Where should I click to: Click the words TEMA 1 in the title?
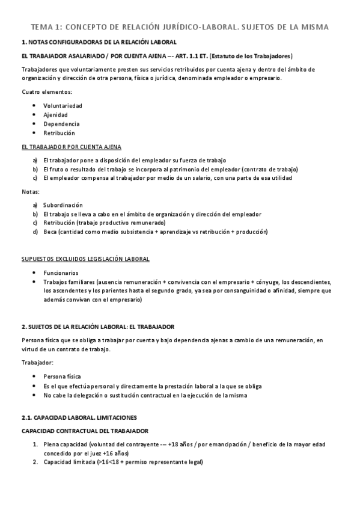click(x=45, y=27)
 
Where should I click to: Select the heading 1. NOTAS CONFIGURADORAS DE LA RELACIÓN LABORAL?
click(x=99, y=43)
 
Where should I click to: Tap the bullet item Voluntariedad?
click(x=63, y=105)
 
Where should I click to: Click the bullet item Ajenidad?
click(x=55, y=114)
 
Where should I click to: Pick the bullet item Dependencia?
click(x=61, y=124)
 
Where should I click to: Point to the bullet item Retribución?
click(x=59, y=133)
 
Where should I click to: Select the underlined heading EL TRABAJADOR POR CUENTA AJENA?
click(x=71, y=147)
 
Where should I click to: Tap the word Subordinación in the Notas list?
click(x=63, y=205)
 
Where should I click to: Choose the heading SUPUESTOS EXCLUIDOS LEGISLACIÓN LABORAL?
click(x=85, y=259)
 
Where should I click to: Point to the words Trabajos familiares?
click(x=67, y=281)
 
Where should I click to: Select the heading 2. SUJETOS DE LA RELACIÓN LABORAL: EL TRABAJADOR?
click(x=97, y=327)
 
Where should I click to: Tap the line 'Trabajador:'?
click(x=37, y=363)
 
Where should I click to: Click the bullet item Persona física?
click(x=61, y=376)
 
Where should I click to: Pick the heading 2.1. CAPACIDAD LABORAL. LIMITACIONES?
click(x=79, y=417)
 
